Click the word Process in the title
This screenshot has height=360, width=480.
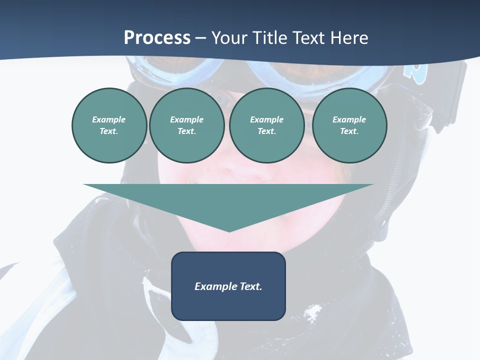(157, 38)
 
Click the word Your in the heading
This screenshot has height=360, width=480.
(231, 38)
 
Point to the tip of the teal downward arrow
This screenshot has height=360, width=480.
(228, 231)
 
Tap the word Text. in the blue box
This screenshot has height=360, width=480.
(250, 286)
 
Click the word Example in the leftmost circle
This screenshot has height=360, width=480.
(109, 119)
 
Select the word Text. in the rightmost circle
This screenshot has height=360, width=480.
(349, 131)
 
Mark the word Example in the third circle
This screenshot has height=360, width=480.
(266, 119)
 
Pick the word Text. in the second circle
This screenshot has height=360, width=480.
(186, 131)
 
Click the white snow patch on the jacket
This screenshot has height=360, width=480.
(312, 313)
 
